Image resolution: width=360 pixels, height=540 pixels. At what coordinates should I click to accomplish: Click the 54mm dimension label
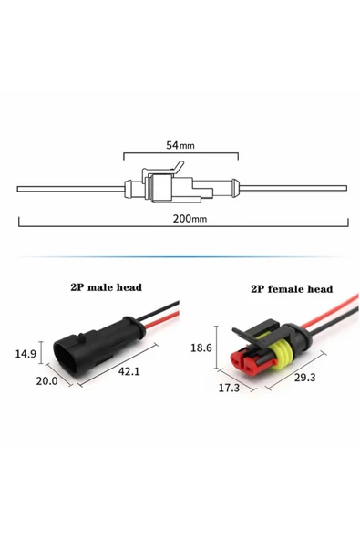click(180, 145)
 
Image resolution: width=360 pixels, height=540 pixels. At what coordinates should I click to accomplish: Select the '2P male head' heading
click(106, 286)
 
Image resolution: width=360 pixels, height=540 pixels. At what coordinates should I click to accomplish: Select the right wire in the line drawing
click(292, 190)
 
